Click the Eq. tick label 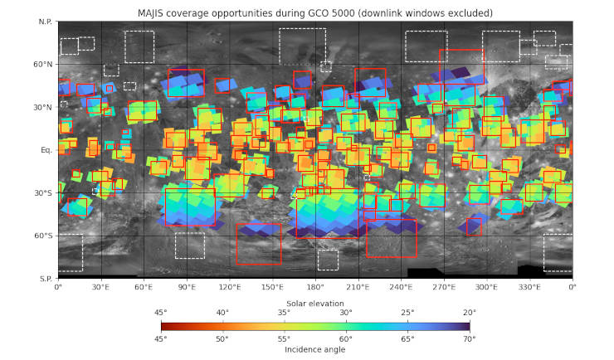(46, 150)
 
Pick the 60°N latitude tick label (42, 64)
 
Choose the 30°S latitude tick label (42, 193)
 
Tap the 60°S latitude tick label (42, 236)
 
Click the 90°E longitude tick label (187, 287)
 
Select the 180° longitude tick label (315, 287)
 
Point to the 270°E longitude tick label (444, 287)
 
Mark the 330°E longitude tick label (529, 287)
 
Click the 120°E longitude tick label (230, 287)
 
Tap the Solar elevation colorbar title (315, 304)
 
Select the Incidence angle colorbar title (315, 349)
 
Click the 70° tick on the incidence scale (469, 338)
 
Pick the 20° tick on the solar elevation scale (469, 313)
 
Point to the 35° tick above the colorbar (284, 313)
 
